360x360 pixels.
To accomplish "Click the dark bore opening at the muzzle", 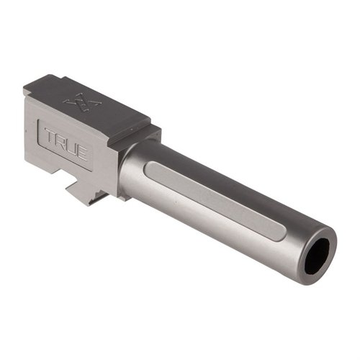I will (x=317, y=256).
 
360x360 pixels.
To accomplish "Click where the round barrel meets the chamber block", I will (x=122, y=169).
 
